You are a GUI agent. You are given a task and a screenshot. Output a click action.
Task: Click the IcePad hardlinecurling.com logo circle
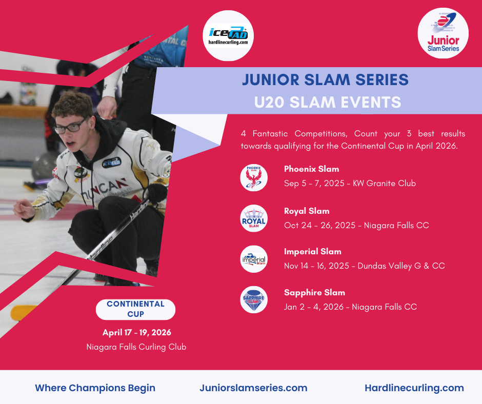pos(228,36)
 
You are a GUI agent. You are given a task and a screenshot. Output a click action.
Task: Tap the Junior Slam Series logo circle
pos(443,33)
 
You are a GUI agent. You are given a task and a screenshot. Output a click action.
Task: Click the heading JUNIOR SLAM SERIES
pos(325,79)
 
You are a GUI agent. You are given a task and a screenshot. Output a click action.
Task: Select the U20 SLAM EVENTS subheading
pos(328,103)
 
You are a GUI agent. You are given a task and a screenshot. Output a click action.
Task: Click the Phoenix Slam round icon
pos(254,178)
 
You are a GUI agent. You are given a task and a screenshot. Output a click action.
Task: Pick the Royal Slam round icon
pos(254,218)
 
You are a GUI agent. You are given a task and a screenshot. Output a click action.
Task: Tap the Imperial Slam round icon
pos(254,259)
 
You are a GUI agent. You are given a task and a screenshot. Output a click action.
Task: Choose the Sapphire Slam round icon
pos(254,300)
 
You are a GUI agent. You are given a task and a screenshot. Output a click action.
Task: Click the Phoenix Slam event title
pos(311,169)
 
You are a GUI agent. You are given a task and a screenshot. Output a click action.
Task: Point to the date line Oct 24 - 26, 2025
pos(319,226)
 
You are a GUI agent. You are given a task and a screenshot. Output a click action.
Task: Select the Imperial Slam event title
pos(313,252)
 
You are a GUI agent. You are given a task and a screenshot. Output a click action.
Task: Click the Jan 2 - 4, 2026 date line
pos(314,307)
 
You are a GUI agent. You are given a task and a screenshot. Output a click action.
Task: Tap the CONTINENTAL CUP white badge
pos(135,309)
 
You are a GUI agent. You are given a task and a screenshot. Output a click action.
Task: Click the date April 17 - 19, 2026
pos(137,332)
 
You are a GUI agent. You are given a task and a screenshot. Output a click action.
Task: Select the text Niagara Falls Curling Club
pos(136,347)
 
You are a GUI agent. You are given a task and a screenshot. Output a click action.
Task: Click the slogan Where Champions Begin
pos(95,388)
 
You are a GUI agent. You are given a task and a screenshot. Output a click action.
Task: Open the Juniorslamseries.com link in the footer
pos(253,388)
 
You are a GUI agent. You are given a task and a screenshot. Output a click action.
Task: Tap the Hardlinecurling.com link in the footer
pos(414,388)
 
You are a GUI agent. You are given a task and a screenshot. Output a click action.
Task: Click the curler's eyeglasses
pos(71,126)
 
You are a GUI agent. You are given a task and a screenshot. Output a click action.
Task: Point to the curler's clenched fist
pos(24,209)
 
